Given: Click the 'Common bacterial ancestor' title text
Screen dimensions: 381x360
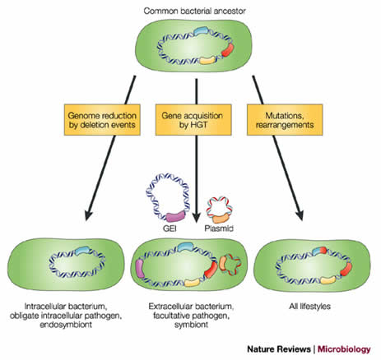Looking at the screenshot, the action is [x=194, y=11].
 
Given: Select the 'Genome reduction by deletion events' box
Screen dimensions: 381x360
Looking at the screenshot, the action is [x=102, y=120].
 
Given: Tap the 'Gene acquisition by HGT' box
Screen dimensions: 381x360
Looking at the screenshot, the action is [x=193, y=120].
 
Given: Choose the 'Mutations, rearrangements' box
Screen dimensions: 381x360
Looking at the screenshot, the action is [x=285, y=120].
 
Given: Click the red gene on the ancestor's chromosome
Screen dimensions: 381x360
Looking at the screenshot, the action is [x=228, y=50].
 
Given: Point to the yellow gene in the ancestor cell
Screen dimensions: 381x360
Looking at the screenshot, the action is [x=208, y=60].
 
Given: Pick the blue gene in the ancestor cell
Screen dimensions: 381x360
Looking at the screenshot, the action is [x=202, y=30].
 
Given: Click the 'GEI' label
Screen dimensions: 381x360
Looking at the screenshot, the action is [x=170, y=228].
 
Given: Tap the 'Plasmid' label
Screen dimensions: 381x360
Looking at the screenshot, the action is [x=219, y=228].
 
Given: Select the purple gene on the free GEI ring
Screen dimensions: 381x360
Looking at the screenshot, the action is [x=176, y=216].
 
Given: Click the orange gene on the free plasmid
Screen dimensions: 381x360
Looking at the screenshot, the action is [x=220, y=219].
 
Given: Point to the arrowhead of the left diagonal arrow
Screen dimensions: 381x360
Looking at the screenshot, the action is [x=88, y=215].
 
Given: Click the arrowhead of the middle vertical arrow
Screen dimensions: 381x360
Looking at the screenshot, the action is [x=196, y=218].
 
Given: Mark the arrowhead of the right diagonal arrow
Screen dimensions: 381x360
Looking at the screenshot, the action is [x=300, y=215].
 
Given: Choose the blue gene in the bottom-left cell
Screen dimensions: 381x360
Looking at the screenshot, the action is [x=82, y=251].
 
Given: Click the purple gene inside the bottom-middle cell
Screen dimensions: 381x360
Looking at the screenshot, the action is [x=140, y=269].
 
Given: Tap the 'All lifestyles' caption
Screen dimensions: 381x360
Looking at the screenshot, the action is [x=309, y=306].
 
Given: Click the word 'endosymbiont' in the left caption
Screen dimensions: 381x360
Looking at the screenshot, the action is [x=66, y=325].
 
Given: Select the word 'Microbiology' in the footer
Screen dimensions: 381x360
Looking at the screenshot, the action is [x=344, y=349].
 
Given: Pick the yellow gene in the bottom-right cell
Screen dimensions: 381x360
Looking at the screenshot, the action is [x=328, y=280].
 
